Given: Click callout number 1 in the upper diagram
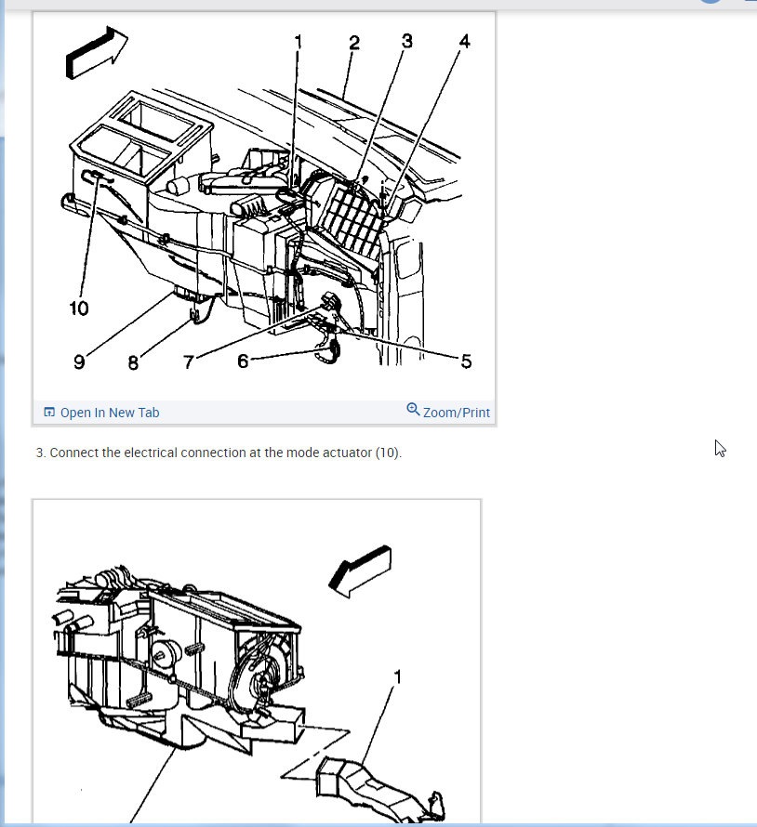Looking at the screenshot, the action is [x=299, y=41].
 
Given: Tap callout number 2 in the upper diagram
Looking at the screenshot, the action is [x=354, y=43].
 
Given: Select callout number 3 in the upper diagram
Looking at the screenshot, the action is [x=407, y=41].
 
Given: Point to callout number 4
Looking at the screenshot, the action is [x=465, y=41].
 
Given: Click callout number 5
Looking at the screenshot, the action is [x=466, y=361].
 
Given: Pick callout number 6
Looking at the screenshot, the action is [x=243, y=361].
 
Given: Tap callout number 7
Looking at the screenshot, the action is [x=189, y=361].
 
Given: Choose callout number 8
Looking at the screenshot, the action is [x=133, y=363].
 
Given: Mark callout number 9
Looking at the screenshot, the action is [x=79, y=361].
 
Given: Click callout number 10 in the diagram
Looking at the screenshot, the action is [x=79, y=308].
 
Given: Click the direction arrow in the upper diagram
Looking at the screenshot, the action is [x=96, y=52].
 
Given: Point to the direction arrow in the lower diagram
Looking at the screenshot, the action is [x=361, y=571].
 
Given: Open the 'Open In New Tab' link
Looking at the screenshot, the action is [x=110, y=413].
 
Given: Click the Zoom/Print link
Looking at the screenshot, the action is [x=456, y=413].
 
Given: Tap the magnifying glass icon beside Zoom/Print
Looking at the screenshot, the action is [x=413, y=409].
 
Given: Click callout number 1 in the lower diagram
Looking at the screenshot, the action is [x=398, y=676].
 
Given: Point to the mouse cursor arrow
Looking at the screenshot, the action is [x=720, y=448].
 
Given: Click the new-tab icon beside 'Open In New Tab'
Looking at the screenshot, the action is [x=49, y=412].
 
